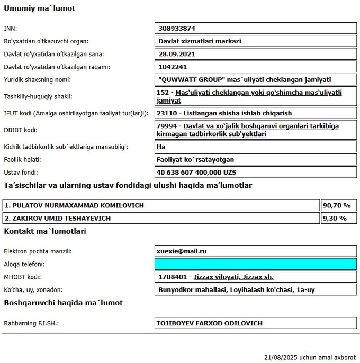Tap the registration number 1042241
tap(173, 67)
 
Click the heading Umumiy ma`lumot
tap(40, 8)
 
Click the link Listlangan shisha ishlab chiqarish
tap(237, 113)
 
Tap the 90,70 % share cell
tap(337, 205)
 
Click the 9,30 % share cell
tap(335, 218)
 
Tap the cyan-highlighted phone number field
tap(254, 264)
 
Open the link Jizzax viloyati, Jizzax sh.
tap(233, 277)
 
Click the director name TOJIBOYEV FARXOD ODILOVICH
tap(210, 323)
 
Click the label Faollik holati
tap(23, 159)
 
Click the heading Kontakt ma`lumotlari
tap(45, 231)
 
